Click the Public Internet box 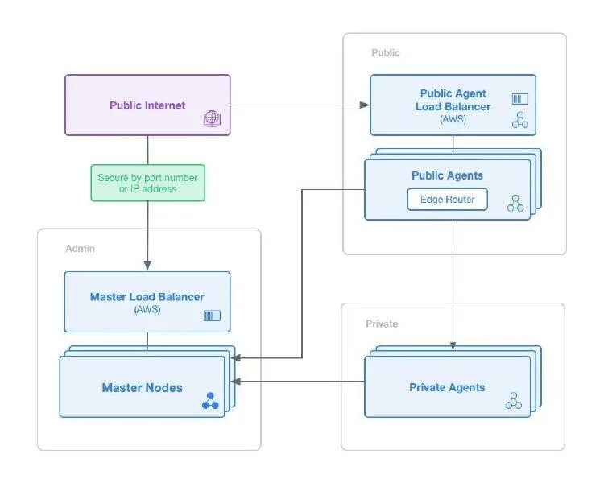point(147,105)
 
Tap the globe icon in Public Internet point(212,119)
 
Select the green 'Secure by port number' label point(147,183)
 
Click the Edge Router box point(448,199)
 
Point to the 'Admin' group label point(80,249)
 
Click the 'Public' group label point(385,53)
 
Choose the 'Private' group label point(382,324)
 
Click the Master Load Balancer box point(147,302)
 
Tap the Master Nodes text point(142,388)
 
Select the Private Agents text point(447,387)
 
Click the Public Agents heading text point(447,175)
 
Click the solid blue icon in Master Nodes point(210,400)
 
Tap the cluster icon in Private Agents point(514,400)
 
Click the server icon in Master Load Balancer point(212,316)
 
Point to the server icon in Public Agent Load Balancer point(520,99)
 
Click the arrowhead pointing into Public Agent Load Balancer point(366,105)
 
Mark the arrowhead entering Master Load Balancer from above point(147,266)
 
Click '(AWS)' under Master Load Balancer point(147,309)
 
